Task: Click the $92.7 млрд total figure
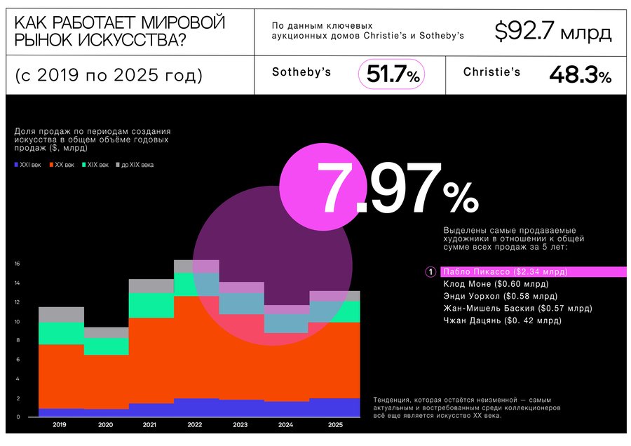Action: coord(553,32)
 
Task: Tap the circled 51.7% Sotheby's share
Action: coord(391,74)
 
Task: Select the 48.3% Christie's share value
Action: coord(581,75)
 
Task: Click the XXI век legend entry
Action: coord(28,165)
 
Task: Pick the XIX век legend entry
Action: coord(95,165)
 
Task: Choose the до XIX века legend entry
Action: coord(135,165)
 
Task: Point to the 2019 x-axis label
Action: coord(60,425)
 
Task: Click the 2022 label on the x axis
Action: coord(195,425)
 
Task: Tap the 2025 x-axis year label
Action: coord(335,425)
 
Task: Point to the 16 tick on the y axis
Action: coord(18,264)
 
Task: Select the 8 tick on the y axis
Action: coord(18,340)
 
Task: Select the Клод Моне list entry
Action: coord(496,284)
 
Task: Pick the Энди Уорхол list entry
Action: coord(500,296)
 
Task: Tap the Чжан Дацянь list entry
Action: coord(502,320)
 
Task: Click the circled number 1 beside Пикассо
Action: coord(430,272)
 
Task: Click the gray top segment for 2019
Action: coord(62,315)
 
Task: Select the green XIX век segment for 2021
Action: coord(151,306)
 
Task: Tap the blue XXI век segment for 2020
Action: coord(107,413)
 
